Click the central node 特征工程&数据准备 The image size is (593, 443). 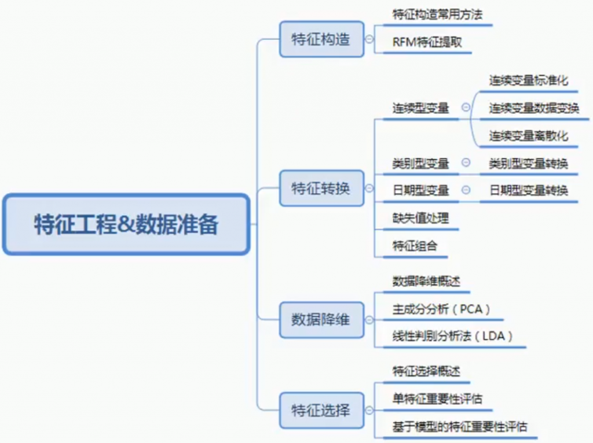click(126, 224)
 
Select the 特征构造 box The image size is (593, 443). click(321, 39)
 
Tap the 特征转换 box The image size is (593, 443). click(321, 188)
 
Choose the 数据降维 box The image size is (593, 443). click(321, 319)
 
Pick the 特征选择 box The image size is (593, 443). click(321, 411)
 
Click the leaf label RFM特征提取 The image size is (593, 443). click(427, 42)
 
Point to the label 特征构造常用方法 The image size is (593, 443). click(437, 15)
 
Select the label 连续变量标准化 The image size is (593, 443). click(528, 80)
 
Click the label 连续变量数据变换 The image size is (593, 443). click(534, 108)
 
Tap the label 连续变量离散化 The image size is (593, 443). click(528, 136)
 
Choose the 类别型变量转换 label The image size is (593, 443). click(528, 164)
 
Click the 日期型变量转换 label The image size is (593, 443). click(528, 190)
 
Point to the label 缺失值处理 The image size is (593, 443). click(420, 218)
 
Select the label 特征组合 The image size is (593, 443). click(415, 246)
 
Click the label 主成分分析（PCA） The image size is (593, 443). click(441, 309)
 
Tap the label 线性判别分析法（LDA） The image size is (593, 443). click(453, 337)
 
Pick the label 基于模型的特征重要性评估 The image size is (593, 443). click(460, 427)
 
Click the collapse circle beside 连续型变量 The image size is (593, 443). click(466, 108)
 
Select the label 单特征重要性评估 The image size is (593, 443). click(437, 399)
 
